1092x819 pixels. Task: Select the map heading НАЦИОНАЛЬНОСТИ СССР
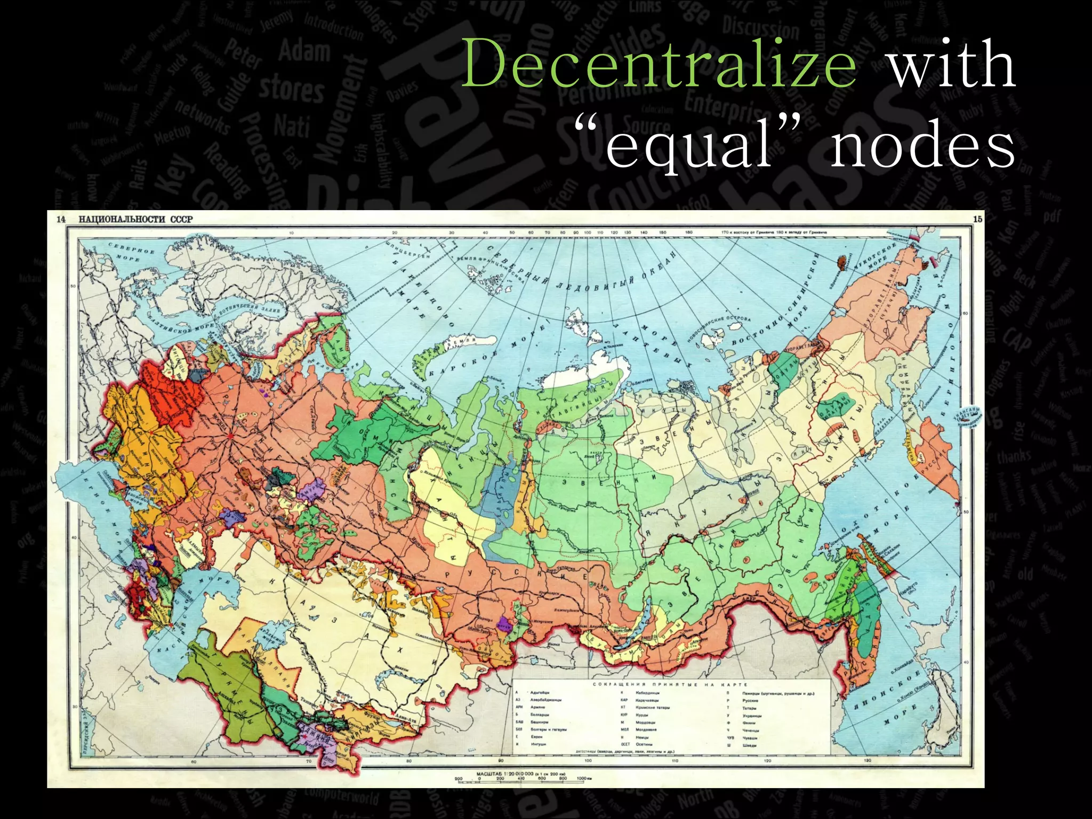(136, 219)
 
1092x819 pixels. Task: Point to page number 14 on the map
(61, 219)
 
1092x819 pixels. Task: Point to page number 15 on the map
(977, 219)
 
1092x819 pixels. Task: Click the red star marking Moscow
(230, 436)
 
